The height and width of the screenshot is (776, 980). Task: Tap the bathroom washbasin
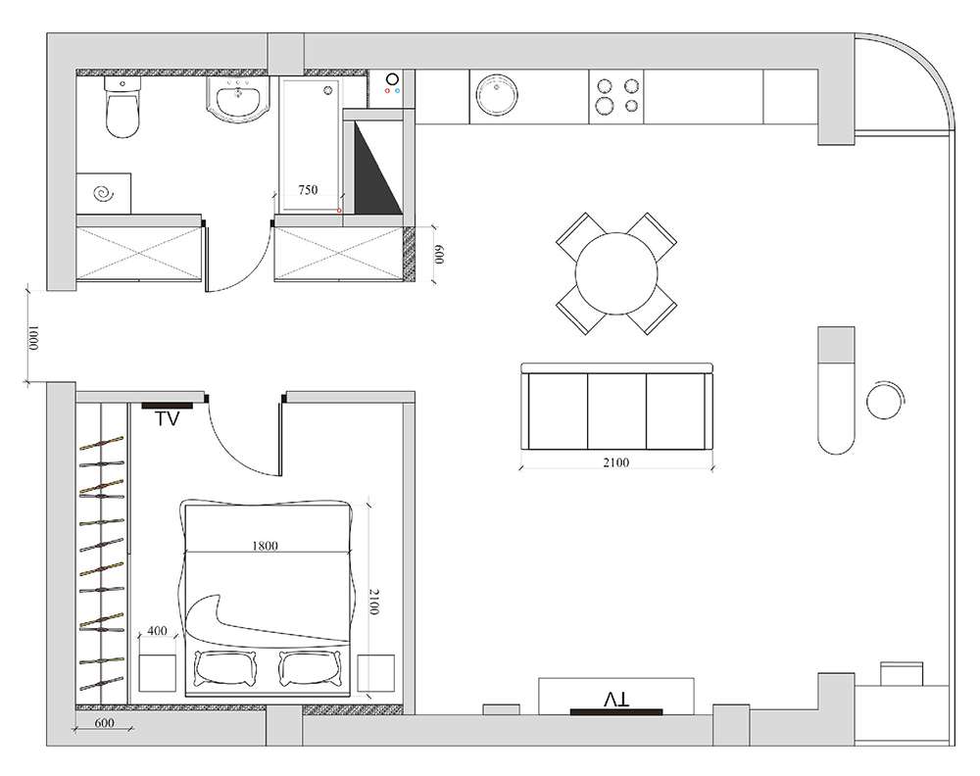(237, 99)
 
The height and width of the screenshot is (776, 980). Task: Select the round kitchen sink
(497, 96)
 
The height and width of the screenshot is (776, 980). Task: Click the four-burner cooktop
(616, 96)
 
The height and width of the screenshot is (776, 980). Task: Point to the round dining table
(616, 273)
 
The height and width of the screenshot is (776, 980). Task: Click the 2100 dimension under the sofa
(615, 462)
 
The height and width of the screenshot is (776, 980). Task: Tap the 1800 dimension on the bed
(265, 546)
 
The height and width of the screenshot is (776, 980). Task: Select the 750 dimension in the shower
(308, 189)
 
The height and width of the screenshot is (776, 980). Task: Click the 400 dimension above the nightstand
(157, 630)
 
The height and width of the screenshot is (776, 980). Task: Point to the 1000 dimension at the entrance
(33, 337)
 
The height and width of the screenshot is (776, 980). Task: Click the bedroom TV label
(167, 418)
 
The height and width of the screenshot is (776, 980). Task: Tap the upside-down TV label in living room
(616, 699)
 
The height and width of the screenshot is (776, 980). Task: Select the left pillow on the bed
(225, 668)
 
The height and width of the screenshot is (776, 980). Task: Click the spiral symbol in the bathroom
(104, 194)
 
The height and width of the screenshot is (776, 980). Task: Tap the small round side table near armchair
(886, 400)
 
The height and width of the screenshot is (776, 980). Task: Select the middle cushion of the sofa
(616, 412)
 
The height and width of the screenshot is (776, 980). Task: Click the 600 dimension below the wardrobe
(105, 722)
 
